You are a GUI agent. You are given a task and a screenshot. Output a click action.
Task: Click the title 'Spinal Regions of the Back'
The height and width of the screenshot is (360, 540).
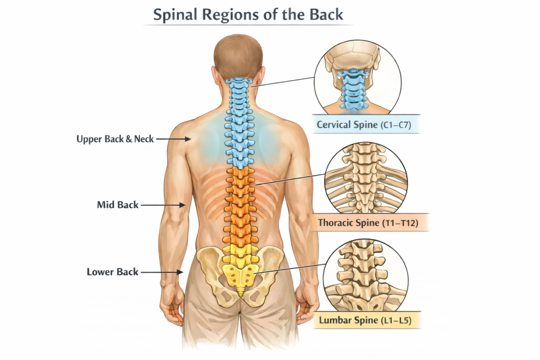pos(247,14)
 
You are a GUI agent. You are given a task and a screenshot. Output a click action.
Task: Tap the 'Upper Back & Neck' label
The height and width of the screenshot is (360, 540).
pos(115,139)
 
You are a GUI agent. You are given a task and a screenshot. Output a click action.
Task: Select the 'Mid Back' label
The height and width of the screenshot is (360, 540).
pos(118,205)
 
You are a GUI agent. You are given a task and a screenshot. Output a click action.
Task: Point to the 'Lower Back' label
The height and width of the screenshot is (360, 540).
pos(112,272)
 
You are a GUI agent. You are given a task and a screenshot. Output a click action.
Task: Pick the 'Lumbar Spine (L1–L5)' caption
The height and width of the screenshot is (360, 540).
pos(369,320)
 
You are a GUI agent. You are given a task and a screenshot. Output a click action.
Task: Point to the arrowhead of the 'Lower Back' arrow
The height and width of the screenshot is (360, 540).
pos(181,272)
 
